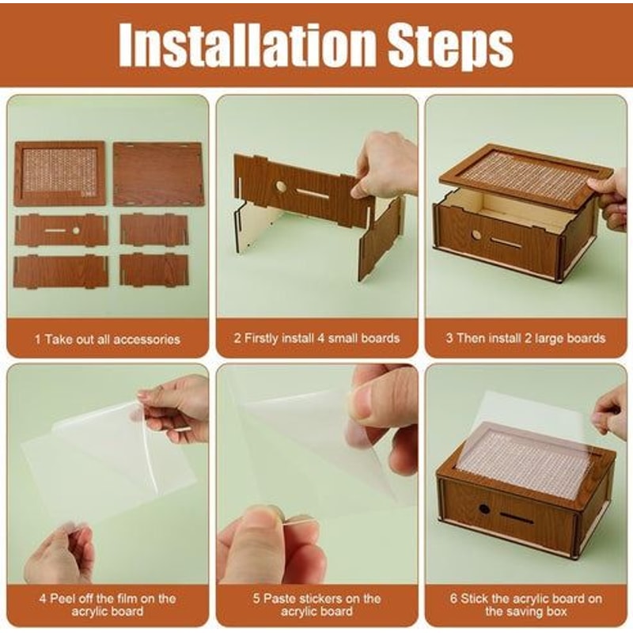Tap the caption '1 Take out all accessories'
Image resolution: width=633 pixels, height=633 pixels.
click(108, 339)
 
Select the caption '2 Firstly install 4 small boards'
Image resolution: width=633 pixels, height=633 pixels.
click(316, 339)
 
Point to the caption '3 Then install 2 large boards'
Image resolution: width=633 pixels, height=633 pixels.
click(525, 339)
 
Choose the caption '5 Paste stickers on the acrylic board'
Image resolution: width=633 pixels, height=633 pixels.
click(316, 605)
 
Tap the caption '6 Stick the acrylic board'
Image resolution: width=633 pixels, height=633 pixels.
click(525, 605)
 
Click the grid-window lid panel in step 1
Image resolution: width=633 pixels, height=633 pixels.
click(60, 172)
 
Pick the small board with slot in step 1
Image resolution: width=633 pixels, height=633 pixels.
click(62, 231)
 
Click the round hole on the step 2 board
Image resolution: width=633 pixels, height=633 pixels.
click(281, 188)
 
